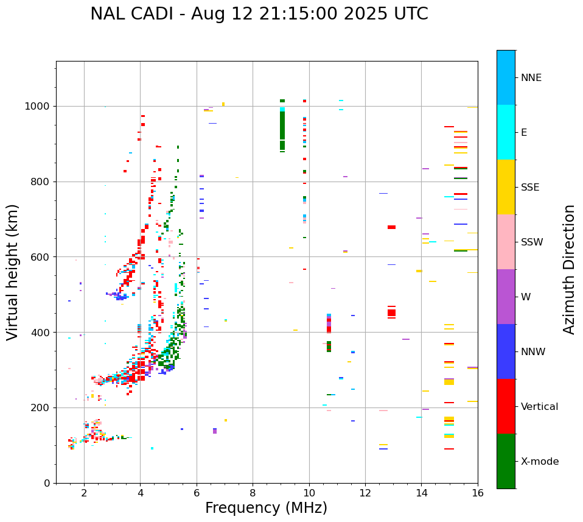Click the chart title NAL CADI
(259, 14)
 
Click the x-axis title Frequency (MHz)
(266, 508)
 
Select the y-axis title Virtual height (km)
(13, 272)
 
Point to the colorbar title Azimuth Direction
(569, 269)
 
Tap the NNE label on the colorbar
(531, 78)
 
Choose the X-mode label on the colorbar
(539, 462)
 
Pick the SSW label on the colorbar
(532, 242)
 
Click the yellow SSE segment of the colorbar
(506, 187)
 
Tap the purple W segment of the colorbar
(506, 297)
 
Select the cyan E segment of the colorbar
(506, 132)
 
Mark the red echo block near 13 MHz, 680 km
(391, 227)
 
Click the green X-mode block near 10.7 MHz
(329, 346)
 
